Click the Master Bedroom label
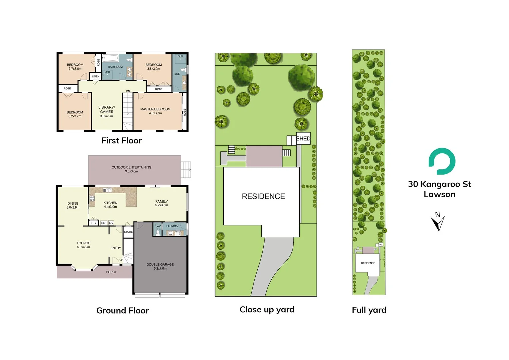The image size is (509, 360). tap(155, 111)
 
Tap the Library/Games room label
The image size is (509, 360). tap(107, 112)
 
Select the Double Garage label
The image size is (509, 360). tap(160, 266)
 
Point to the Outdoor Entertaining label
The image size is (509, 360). tap(131, 169)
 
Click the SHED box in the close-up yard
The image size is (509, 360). tap(303, 139)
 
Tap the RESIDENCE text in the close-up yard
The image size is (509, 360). tap(263, 197)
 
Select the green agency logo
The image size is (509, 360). tap(442, 161)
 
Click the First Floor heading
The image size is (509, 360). tap(122, 141)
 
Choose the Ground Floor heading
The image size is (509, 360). tap(123, 311)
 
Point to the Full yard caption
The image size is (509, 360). tap(369, 310)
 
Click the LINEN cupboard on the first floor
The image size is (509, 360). tap(96, 76)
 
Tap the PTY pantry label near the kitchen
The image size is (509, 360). tap(94, 223)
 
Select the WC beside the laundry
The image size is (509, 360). tap(159, 226)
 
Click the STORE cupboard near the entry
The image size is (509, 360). tap(128, 232)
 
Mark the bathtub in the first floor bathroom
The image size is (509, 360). tap(110, 59)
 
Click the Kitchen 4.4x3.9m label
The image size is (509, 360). tap(110, 205)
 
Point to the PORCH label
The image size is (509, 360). tap(111, 272)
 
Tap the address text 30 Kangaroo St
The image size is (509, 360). tap(439, 184)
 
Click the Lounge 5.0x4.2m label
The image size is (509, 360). tap(83, 245)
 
